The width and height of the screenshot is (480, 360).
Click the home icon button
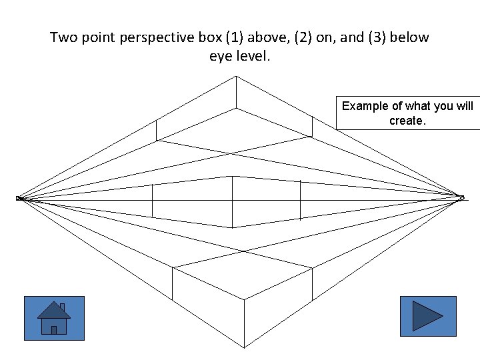pos(54,318)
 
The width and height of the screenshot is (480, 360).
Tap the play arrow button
pos(427,316)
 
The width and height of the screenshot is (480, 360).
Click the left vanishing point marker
pos(19,198)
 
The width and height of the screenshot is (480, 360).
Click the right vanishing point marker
pos(461,197)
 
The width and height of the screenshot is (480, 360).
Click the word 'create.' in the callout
pos(407,121)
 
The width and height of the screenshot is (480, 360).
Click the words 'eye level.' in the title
pos(240,57)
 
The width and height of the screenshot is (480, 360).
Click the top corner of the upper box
pos(235,76)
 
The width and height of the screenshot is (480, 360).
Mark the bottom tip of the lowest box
pos(244,346)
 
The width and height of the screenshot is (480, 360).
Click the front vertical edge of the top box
pos(235,92)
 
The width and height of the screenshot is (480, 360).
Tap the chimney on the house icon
pos(62,308)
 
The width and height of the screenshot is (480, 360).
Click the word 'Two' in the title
pos(64,37)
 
